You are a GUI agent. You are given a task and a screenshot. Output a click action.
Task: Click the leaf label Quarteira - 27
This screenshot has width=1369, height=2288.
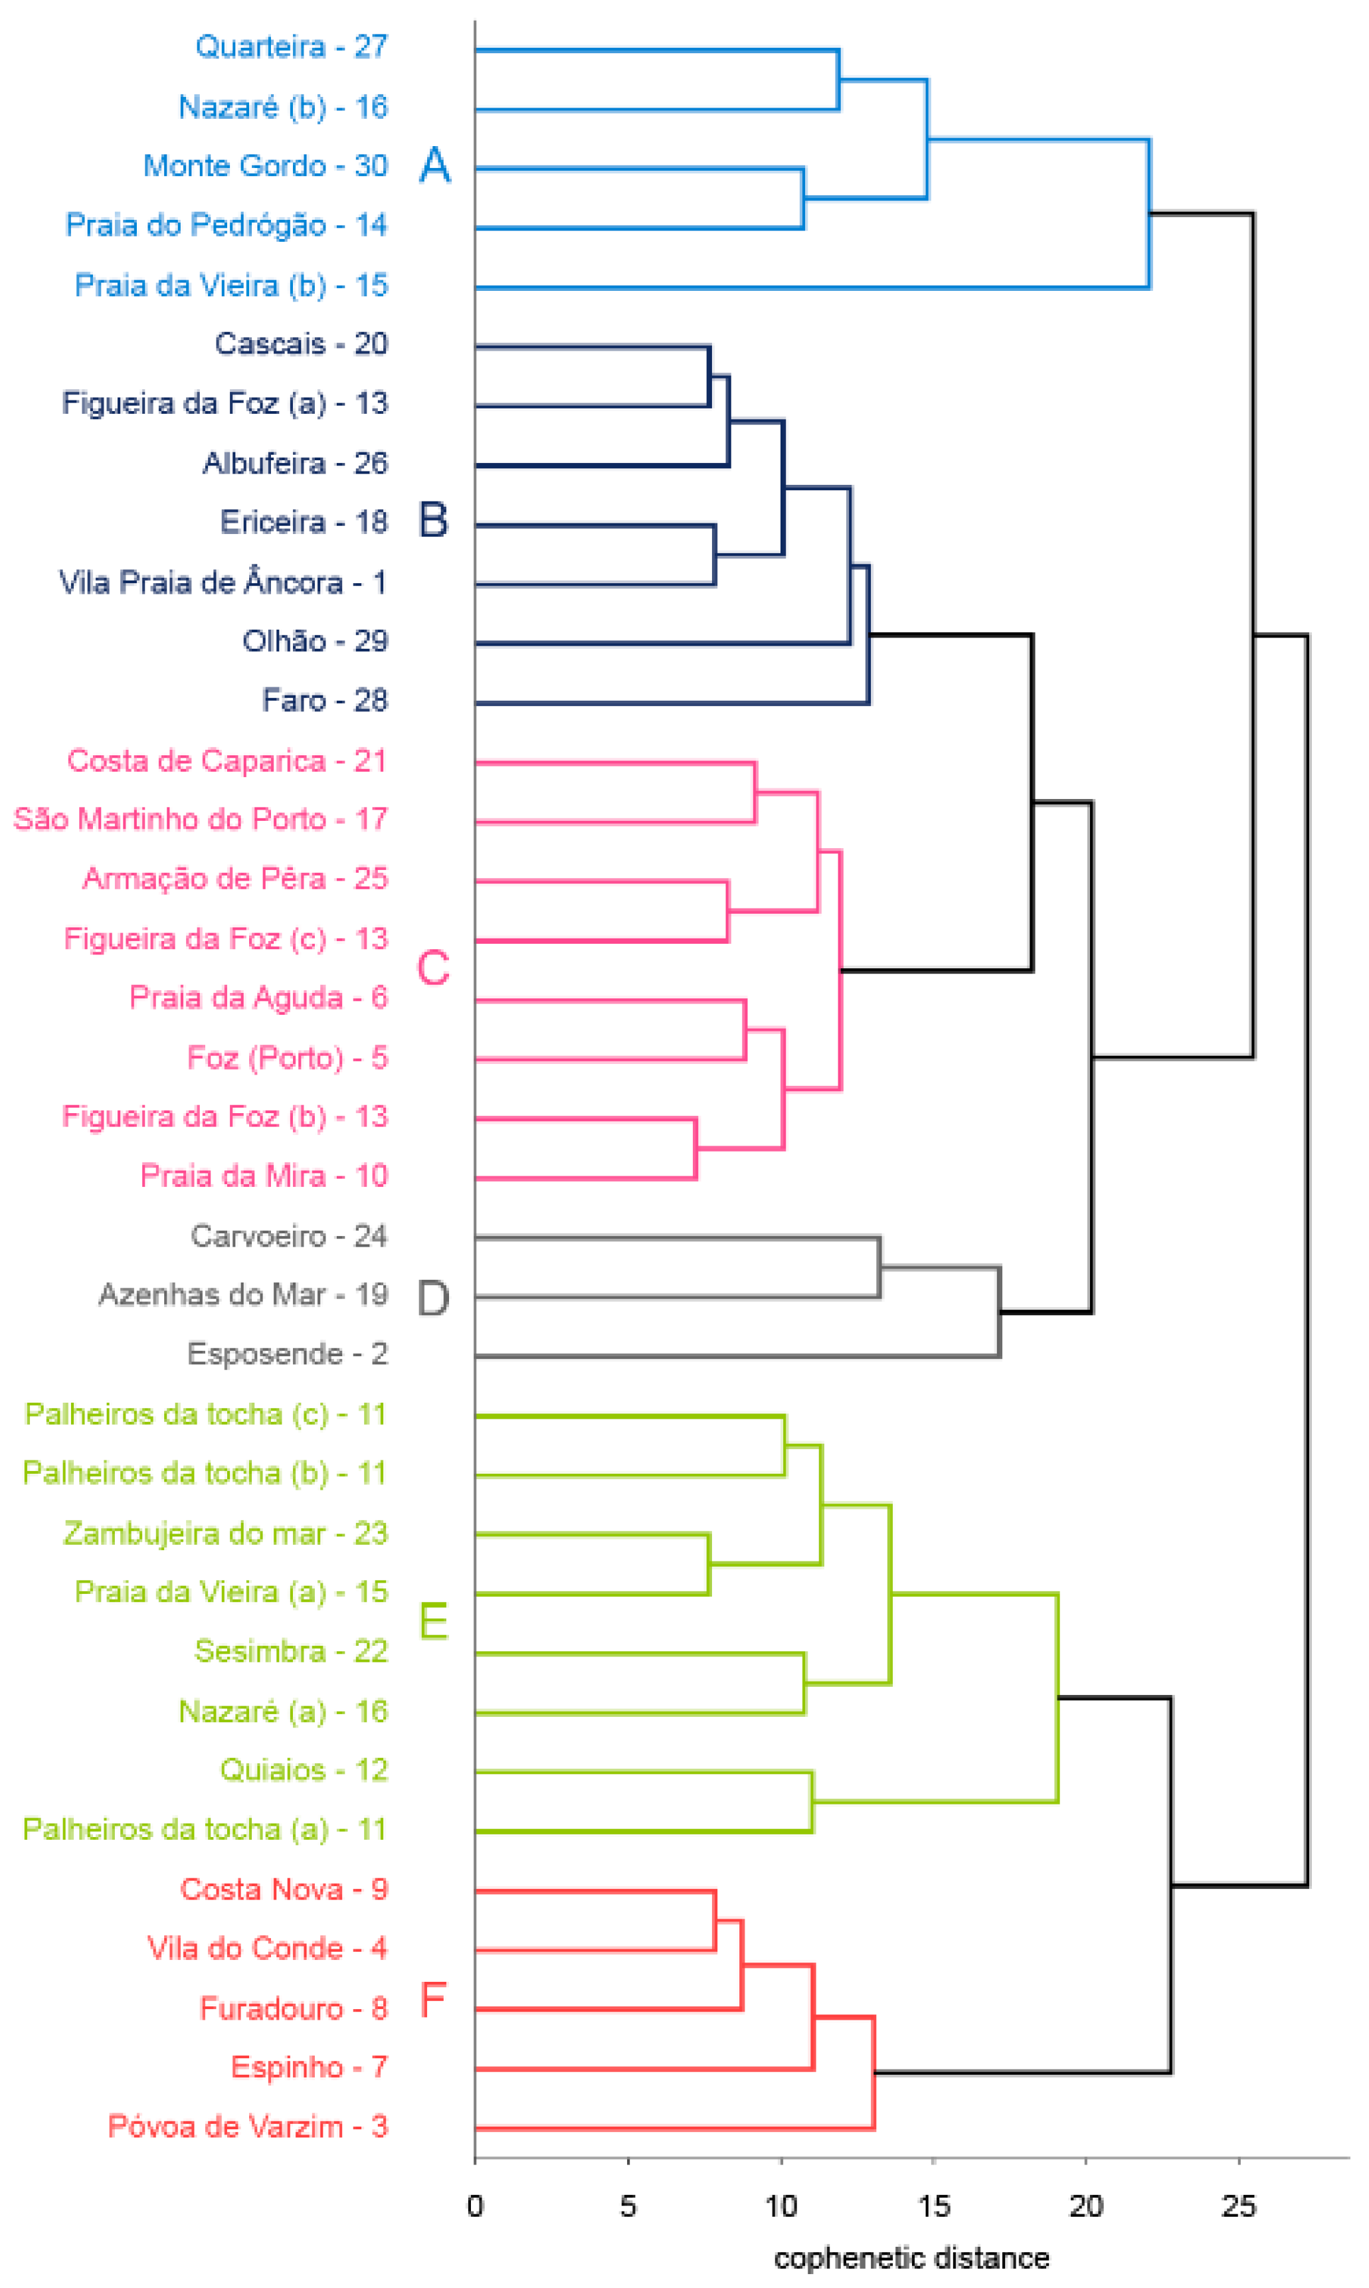pyautogui.click(x=292, y=47)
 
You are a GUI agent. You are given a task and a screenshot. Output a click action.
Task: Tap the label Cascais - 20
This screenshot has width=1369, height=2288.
pyautogui.click(x=301, y=344)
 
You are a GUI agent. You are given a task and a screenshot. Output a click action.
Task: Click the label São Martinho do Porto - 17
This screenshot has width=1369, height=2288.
pyautogui.click(x=200, y=819)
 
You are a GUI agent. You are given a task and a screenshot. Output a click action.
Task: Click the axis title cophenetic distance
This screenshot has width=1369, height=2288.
pyautogui.click(x=911, y=2259)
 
